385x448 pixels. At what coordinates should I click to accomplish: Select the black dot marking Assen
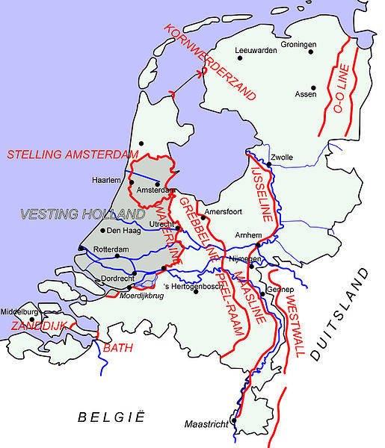[313, 88]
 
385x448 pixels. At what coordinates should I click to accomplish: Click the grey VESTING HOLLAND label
[71, 215]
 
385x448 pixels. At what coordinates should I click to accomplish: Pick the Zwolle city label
[283, 158]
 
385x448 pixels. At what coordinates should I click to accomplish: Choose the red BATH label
[117, 347]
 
